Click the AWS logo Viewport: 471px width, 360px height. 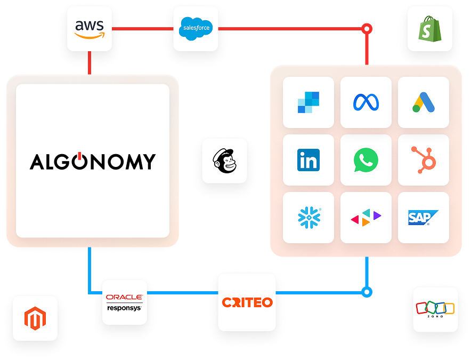pyautogui.click(x=90, y=29)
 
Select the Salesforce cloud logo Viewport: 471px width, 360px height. pyautogui.click(x=196, y=29)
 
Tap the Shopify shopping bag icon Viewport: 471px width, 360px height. pyautogui.click(x=430, y=29)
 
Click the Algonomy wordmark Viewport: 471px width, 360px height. pyautogui.click(x=93, y=161)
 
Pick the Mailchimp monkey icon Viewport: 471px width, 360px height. pyautogui.click(x=225, y=161)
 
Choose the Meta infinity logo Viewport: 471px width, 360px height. pyautogui.click(x=366, y=102)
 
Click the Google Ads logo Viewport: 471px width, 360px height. pyautogui.click(x=424, y=102)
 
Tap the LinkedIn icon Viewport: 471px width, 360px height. pyautogui.click(x=308, y=160)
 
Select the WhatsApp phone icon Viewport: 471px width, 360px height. pyautogui.click(x=366, y=160)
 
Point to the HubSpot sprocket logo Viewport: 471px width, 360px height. pyautogui.click(x=424, y=159)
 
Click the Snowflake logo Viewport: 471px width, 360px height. pyautogui.click(x=309, y=218)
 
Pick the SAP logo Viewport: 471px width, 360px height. pyautogui.click(x=423, y=218)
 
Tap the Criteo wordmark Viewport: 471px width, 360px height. pyautogui.click(x=247, y=302)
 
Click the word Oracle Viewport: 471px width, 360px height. pyautogui.click(x=124, y=297)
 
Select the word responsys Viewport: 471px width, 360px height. pyautogui.click(x=124, y=308)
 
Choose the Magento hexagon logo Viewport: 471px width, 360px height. pyautogui.click(x=35, y=318)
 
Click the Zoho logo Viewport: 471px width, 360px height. pyautogui.click(x=435, y=309)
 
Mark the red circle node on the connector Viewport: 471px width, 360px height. pyautogui.click(x=367, y=29)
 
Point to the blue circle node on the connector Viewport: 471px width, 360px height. pyautogui.click(x=367, y=292)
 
